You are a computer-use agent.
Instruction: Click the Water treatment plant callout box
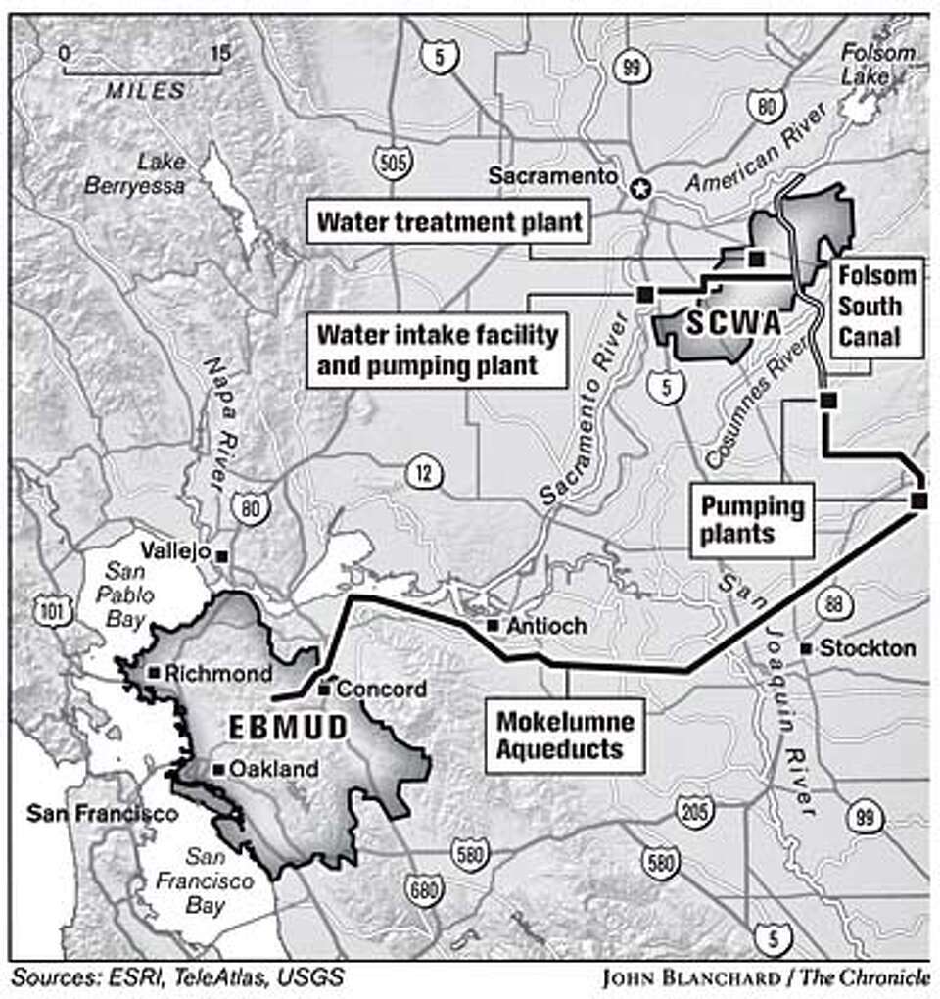click(449, 222)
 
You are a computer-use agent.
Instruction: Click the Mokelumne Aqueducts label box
click(565, 736)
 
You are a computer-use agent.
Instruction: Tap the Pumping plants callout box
click(750, 519)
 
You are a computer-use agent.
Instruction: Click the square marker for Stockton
click(806, 648)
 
